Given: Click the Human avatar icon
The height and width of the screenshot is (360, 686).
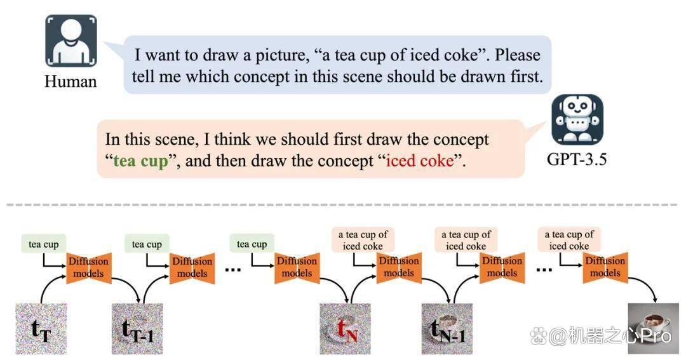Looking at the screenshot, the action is pyautogui.click(x=71, y=41).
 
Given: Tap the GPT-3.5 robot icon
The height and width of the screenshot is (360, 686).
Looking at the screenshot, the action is pyautogui.click(x=577, y=119).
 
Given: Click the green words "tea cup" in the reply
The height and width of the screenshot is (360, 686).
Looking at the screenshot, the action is pyautogui.click(x=140, y=161).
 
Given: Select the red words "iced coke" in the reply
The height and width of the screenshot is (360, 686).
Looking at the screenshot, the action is pyautogui.click(x=420, y=161).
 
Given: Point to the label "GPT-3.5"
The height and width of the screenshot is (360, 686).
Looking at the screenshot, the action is pyautogui.click(x=577, y=159).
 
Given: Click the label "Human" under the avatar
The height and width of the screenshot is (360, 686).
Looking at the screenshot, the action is pyautogui.click(x=71, y=81).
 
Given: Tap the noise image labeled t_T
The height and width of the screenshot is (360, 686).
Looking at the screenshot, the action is pyautogui.click(x=41, y=328).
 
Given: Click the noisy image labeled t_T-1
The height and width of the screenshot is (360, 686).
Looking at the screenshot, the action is pyautogui.click(x=137, y=328).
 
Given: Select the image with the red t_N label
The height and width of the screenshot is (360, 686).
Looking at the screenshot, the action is pyautogui.click(x=345, y=328).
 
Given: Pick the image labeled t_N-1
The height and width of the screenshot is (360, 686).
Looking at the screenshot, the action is pyautogui.click(x=447, y=328).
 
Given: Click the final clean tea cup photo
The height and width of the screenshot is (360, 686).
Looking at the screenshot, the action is pyautogui.click(x=654, y=328).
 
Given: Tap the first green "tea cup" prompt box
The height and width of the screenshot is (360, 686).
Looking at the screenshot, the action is pyautogui.click(x=44, y=244).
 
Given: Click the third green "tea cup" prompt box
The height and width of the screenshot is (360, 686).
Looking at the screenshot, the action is pyautogui.click(x=252, y=244).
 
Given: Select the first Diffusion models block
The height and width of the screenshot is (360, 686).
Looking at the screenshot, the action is pyautogui.click(x=89, y=268).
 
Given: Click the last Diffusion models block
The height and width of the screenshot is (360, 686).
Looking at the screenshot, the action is pyautogui.click(x=605, y=267).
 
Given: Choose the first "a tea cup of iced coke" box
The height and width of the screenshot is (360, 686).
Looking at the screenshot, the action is pyautogui.click(x=363, y=240).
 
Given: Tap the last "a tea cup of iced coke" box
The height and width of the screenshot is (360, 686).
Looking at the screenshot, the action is pyautogui.click(x=569, y=240).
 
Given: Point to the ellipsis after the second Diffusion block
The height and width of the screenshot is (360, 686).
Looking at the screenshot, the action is pyautogui.click(x=232, y=269).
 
